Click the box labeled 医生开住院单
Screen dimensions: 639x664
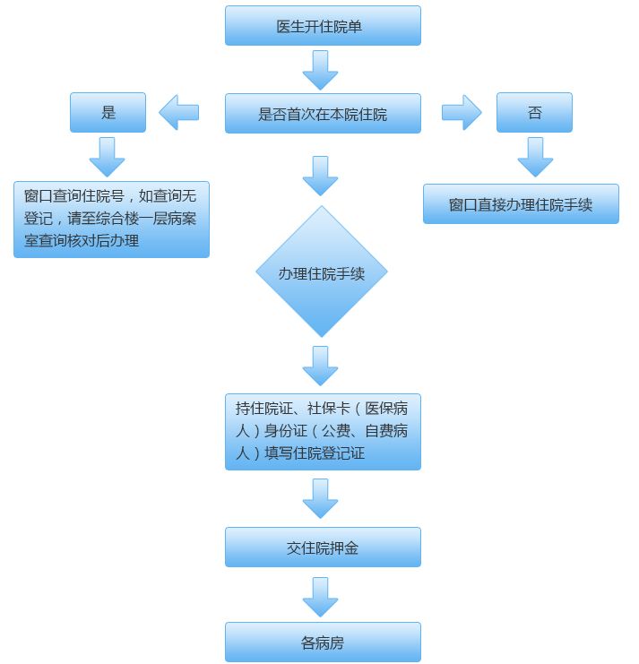(323, 25)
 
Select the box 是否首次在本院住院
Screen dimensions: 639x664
(323, 114)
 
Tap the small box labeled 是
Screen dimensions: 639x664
(108, 112)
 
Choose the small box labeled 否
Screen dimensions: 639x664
(534, 112)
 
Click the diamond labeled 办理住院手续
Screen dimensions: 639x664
(322, 272)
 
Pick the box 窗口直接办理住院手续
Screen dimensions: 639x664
(521, 203)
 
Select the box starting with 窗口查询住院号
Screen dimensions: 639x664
(111, 220)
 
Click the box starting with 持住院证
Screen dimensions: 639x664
(323, 432)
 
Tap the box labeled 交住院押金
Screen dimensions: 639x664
(323, 547)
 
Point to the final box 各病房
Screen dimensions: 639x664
(323, 642)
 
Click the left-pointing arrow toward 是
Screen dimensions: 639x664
(178, 112)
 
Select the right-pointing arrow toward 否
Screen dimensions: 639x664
(462, 112)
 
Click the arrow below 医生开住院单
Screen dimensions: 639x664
(320, 70)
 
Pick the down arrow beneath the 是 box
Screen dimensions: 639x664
(108, 157)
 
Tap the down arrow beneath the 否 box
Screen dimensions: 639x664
(535, 157)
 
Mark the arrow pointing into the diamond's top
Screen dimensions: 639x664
(320, 176)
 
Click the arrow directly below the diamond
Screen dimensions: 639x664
(320, 366)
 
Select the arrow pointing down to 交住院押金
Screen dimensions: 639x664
(320, 498)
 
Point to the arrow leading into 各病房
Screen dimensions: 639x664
(320, 597)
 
